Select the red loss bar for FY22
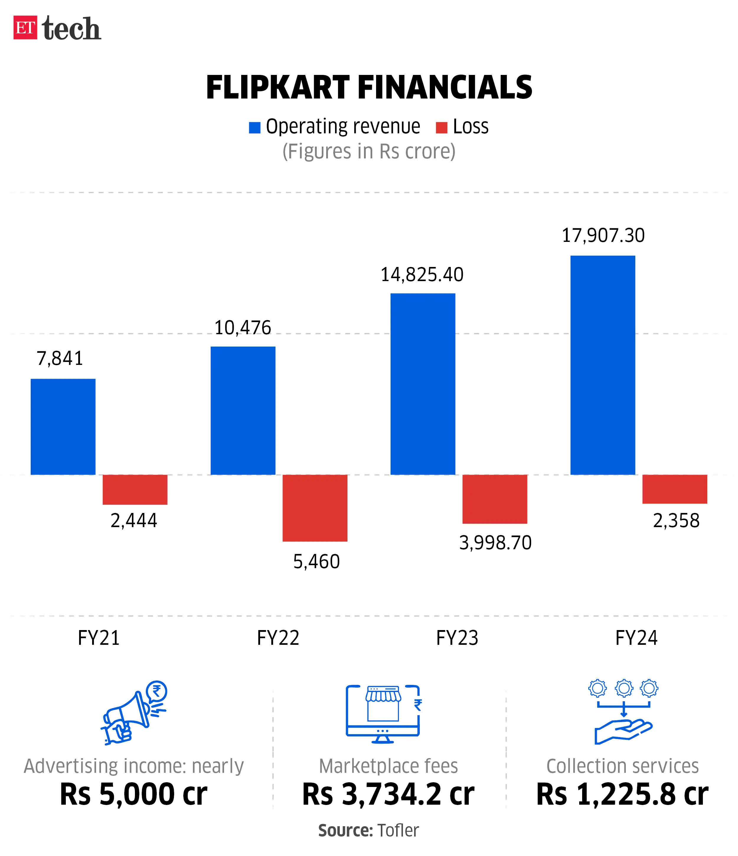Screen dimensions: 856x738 point(315,508)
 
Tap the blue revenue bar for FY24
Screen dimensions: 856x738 point(603,365)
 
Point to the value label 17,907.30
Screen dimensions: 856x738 point(603,235)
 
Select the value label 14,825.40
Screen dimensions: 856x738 point(422,275)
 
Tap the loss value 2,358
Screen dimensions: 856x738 point(676,521)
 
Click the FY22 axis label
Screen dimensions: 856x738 point(278,638)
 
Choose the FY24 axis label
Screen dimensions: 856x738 point(636,638)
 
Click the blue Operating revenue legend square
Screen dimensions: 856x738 point(255,128)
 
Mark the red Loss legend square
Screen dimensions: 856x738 point(442,128)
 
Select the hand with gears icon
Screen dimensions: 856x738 point(623,711)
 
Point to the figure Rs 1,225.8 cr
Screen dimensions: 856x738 point(622,794)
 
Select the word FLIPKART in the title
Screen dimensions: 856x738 point(278,88)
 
